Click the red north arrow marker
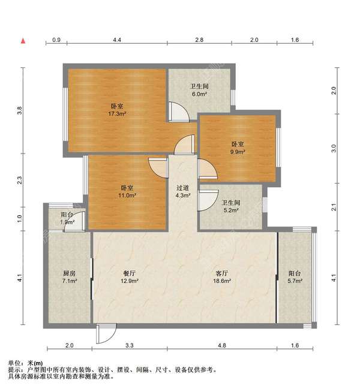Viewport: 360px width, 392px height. (x=23, y=41)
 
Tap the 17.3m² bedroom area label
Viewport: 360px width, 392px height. (x=117, y=110)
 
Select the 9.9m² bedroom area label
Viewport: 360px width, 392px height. (x=238, y=148)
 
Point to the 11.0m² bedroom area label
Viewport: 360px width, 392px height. (x=127, y=191)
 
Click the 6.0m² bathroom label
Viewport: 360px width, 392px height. (x=199, y=91)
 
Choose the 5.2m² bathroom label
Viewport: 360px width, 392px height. (x=230, y=206)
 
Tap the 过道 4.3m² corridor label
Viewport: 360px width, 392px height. (x=183, y=191)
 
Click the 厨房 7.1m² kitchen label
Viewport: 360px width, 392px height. (x=69, y=277)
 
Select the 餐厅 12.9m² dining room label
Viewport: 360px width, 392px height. (x=130, y=277)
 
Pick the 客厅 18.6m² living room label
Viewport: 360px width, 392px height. (x=221, y=277)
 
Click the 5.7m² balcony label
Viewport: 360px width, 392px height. (x=295, y=277)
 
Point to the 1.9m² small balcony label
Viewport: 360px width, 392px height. (x=67, y=218)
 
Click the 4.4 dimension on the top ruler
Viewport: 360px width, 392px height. (x=117, y=40)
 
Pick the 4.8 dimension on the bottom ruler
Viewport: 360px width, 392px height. (x=221, y=345)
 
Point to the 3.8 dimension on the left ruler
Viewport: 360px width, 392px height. (x=20, y=110)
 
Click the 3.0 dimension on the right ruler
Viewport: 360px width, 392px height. (x=334, y=148)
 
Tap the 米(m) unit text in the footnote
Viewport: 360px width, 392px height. (x=35, y=363)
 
